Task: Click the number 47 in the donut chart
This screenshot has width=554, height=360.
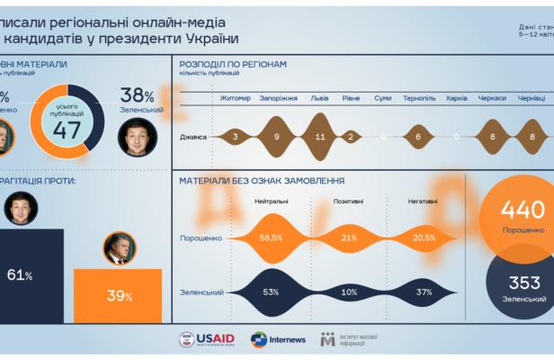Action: (67, 128)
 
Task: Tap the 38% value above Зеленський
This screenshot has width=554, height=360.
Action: (138, 94)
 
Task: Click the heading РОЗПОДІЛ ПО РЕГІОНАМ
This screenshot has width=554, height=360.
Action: (233, 65)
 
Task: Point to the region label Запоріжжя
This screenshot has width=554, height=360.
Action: (278, 97)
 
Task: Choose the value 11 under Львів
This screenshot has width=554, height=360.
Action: (321, 137)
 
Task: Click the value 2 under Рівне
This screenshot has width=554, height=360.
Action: (352, 137)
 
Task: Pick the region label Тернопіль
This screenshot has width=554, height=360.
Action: (418, 97)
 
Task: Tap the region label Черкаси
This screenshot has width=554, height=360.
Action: (492, 97)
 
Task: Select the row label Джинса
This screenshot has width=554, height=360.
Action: (194, 137)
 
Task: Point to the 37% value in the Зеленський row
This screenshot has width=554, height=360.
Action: (423, 292)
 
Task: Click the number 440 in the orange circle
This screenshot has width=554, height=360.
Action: (523, 211)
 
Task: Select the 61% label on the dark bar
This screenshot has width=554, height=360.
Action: (20, 275)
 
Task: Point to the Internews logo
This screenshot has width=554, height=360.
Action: (279, 339)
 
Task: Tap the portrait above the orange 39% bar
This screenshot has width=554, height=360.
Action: (117, 247)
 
